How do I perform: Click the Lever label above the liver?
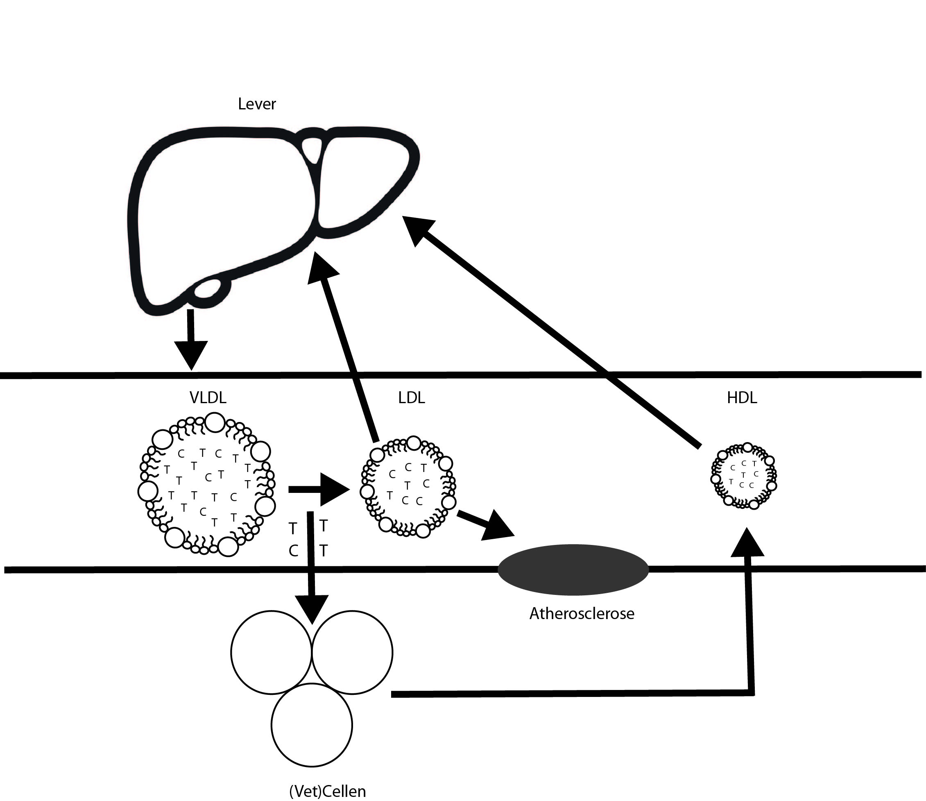tap(256, 104)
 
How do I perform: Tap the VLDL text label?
tap(208, 397)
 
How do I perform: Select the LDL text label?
tap(411, 397)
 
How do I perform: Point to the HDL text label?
tap(742, 397)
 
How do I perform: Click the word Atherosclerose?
tap(582, 614)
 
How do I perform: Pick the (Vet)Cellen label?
tap(328, 792)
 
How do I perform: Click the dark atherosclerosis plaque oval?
tap(573, 570)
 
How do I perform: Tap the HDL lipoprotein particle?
tap(743, 477)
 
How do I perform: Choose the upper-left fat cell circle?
tap(271, 653)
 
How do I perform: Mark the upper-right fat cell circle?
tap(352, 653)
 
